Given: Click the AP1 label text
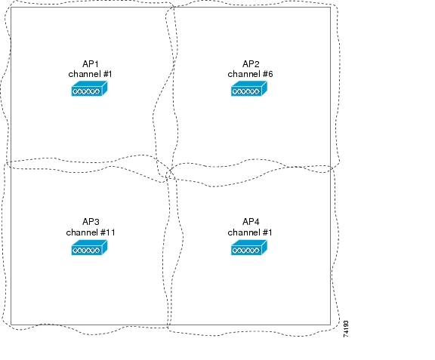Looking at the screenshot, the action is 90,64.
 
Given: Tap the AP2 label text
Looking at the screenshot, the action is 251,64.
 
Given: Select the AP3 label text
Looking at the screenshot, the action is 91,222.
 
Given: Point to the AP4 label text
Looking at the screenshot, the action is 251,222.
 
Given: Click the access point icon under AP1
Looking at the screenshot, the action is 89,88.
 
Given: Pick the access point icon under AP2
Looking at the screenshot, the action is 249,88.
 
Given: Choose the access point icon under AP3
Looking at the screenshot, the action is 89,248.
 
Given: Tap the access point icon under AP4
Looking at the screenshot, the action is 249,248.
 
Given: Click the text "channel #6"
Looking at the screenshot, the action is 250,74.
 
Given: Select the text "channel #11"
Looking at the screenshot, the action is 91,232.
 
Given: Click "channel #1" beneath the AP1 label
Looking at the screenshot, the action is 90,74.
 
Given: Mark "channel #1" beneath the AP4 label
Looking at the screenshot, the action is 250,232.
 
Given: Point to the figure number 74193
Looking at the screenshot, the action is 346,329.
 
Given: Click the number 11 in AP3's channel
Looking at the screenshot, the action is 110,232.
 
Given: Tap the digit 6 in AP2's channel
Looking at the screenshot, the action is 270,74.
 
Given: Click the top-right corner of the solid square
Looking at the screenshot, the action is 331,7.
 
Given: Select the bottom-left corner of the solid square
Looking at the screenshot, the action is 11,325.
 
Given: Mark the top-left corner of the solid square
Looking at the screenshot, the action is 11,7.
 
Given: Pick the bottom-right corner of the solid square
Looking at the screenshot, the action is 331,325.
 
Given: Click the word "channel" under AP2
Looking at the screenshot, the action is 244,74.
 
